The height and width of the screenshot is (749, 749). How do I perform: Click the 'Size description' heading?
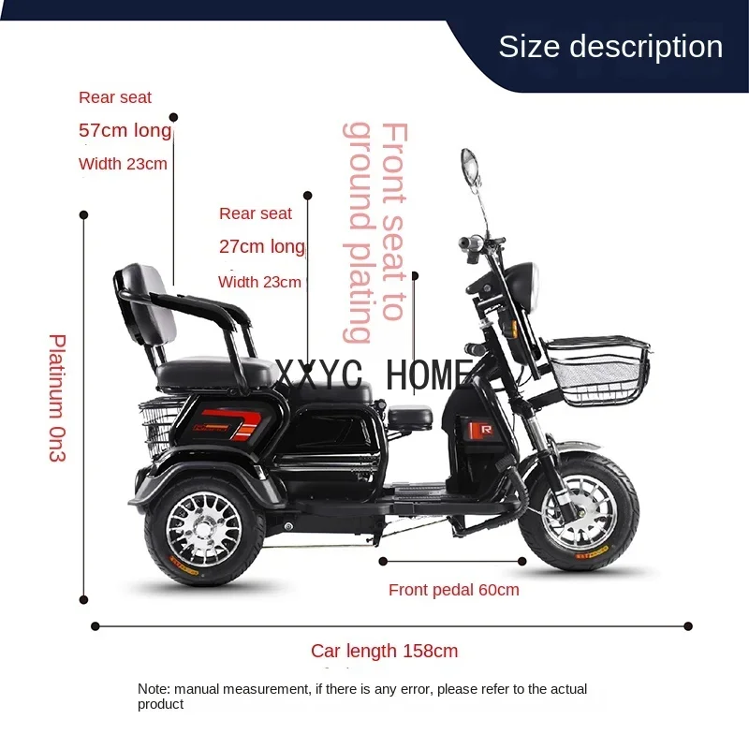click(x=610, y=47)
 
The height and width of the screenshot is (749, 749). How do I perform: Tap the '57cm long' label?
click(x=125, y=130)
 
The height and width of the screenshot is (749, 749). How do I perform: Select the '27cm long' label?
click(x=261, y=247)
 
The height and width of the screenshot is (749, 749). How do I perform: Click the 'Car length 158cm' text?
click(x=385, y=651)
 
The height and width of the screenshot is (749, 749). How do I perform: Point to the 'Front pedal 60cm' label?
click(x=453, y=590)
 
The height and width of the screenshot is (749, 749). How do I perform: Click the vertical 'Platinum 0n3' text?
click(x=57, y=398)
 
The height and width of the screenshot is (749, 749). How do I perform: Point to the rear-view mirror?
click(x=469, y=169)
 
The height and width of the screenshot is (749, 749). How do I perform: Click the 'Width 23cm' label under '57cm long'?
click(x=123, y=165)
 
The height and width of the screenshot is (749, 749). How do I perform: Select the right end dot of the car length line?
click(x=688, y=625)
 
